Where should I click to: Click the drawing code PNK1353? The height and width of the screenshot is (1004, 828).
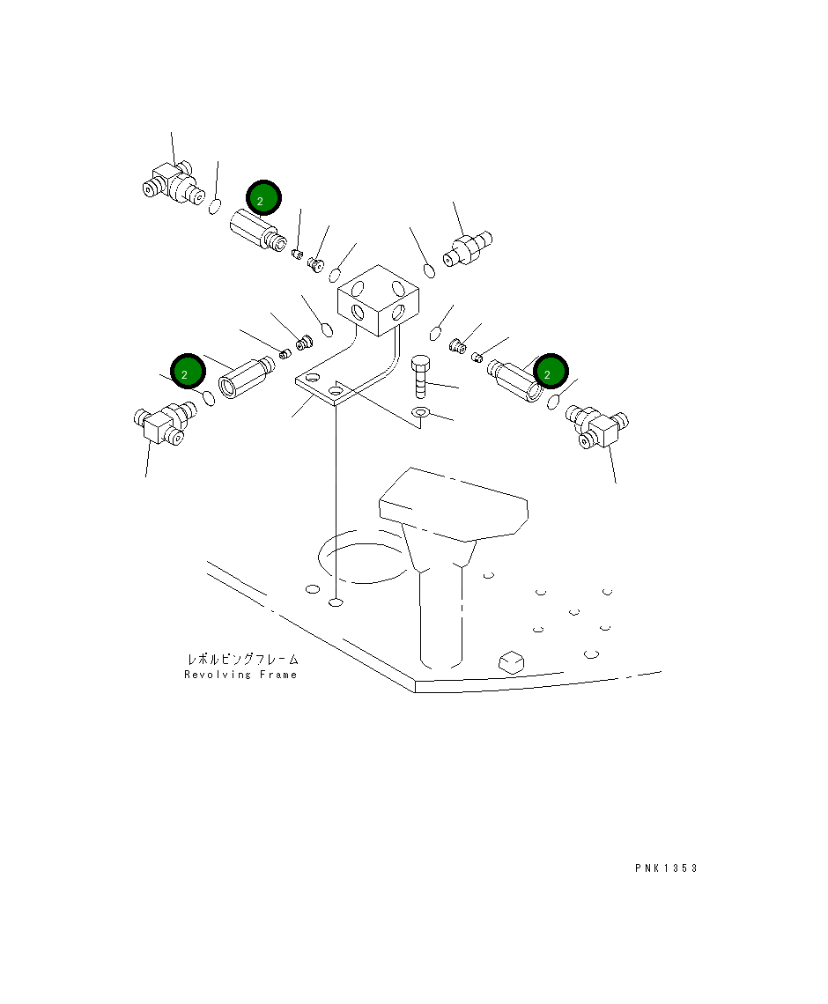tap(666, 868)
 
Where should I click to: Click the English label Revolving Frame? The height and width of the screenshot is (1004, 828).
tap(240, 675)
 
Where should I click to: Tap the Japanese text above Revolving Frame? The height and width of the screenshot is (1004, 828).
tap(243, 659)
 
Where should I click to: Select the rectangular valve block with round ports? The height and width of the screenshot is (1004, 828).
tap(379, 299)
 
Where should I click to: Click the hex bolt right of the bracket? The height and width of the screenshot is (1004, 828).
tap(420, 377)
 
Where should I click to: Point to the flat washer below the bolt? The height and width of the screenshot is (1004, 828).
tap(420, 411)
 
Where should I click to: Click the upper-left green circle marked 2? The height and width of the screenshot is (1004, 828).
tap(263, 198)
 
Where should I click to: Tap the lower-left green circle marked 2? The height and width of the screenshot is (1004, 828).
tap(188, 371)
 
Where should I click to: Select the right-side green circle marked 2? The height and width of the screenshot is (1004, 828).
tap(551, 371)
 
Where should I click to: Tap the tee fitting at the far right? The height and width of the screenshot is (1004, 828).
tap(597, 425)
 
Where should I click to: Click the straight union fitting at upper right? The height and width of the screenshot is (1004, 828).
tap(468, 249)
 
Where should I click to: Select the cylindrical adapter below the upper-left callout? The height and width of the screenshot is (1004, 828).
tap(257, 231)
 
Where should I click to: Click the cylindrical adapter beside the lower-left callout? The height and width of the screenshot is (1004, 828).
tap(246, 379)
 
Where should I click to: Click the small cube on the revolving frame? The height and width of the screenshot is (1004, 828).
tap(510, 661)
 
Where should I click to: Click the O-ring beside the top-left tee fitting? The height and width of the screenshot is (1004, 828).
tap(215, 207)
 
